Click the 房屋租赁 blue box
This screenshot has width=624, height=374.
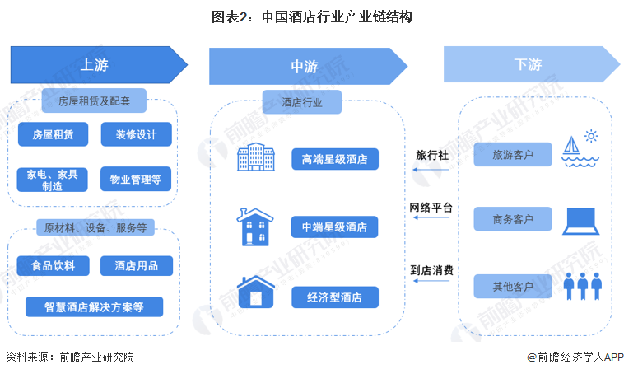tap(53, 134)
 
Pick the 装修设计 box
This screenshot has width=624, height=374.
tap(136, 134)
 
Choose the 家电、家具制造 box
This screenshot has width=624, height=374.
tap(53, 180)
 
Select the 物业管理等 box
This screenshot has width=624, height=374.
tap(136, 180)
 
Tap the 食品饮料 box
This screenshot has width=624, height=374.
tap(53, 265)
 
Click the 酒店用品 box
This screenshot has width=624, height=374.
tap(136, 265)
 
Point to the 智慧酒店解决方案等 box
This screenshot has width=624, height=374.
tap(94, 307)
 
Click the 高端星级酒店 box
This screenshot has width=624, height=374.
tap(334, 158)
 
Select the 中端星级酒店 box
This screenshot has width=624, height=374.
tap(334, 227)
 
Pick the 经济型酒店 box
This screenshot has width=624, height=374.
tap(334, 297)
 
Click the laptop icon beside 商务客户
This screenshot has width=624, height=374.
tap(581, 219)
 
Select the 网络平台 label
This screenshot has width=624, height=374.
tap(431, 208)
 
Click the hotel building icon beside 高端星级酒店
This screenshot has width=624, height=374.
tap(254, 158)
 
